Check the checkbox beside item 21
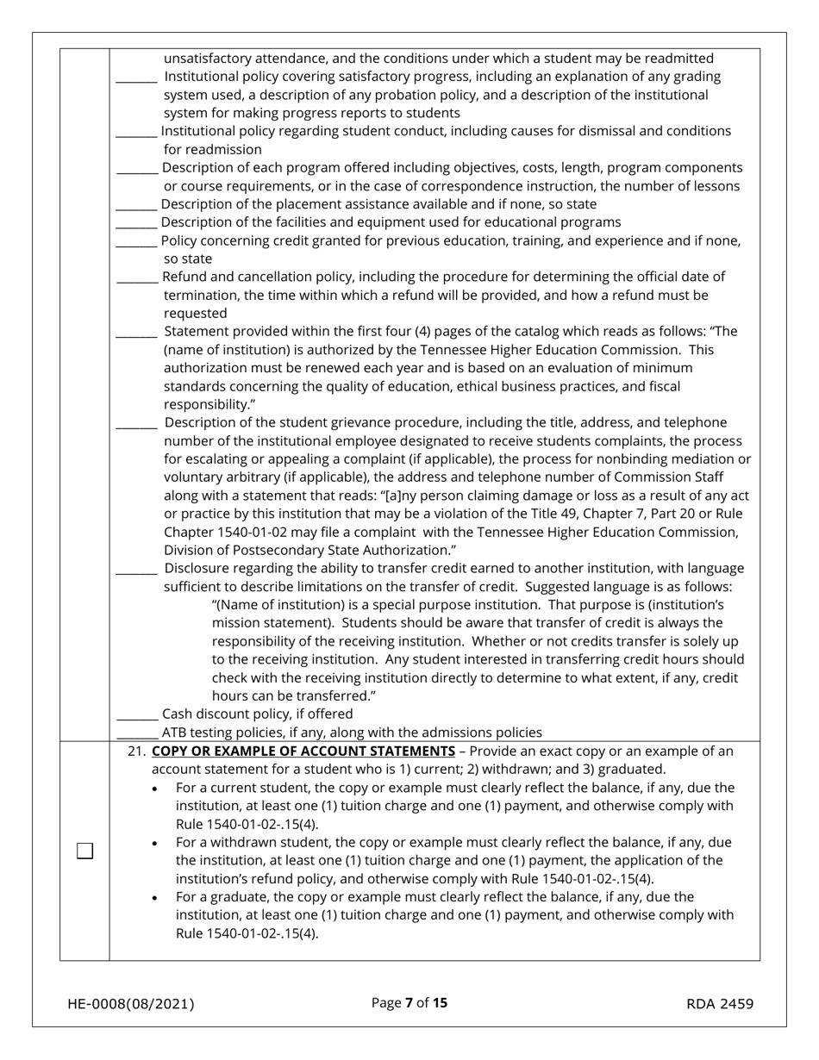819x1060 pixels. [x=84, y=851]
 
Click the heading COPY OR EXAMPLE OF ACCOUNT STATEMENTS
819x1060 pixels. [x=303, y=751]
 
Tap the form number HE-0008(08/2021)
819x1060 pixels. [x=131, y=1003]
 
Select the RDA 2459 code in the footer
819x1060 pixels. [x=720, y=1003]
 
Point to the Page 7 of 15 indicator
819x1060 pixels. [x=409, y=1002]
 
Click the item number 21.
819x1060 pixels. [x=136, y=751]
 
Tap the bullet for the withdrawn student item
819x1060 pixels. [x=154, y=844]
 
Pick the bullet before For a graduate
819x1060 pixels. [x=154, y=898]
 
